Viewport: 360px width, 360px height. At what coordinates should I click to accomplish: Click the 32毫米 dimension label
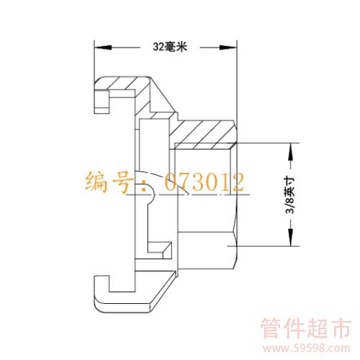170,47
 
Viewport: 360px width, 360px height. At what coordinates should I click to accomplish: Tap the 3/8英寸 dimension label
290,195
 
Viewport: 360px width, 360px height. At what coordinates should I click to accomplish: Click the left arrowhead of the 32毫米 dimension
103,48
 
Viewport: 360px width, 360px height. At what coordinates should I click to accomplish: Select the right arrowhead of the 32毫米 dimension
228,48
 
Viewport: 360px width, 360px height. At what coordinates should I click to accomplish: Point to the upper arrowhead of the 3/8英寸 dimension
291,151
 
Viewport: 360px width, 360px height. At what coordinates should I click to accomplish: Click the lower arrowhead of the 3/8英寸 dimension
291,238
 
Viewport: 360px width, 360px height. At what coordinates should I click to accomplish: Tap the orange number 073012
204,182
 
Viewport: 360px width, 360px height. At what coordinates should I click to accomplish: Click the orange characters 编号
109,182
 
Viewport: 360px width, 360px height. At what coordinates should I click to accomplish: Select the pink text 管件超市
306,328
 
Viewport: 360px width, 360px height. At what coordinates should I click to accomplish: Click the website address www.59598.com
307,348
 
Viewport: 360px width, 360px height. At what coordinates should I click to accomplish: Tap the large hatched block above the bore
203,132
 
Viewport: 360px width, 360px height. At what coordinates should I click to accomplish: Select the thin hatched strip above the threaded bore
204,146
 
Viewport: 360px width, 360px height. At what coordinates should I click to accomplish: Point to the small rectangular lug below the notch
160,247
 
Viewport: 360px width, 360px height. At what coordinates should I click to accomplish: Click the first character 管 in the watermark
272,328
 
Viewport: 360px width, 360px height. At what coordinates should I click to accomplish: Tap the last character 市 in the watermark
341,328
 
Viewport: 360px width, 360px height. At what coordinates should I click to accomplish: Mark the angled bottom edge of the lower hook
165,292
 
